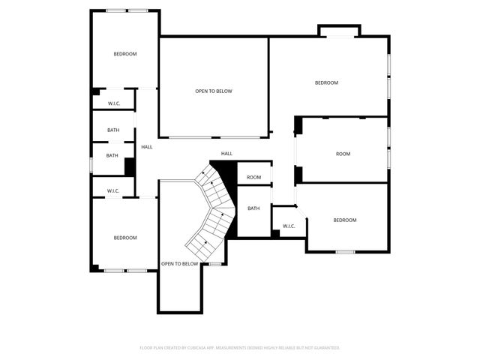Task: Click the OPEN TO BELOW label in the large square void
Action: click(x=214, y=91)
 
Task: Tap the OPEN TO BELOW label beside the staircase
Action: click(x=180, y=264)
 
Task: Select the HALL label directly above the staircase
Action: click(x=226, y=154)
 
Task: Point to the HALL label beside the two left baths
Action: click(x=147, y=147)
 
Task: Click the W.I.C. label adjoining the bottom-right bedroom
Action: click(x=289, y=226)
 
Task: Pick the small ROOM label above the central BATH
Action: click(x=254, y=178)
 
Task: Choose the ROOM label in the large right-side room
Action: click(x=343, y=154)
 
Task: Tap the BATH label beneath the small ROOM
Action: click(x=253, y=208)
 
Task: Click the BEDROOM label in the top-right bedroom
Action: click(x=326, y=82)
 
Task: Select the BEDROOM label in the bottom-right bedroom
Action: click(x=344, y=220)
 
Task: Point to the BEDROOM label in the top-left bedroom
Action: click(x=125, y=54)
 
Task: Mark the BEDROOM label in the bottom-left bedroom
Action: click(x=125, y=238)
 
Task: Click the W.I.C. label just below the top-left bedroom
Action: click(x=114, y=103)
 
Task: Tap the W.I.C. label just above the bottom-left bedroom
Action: click(x=113, y=191)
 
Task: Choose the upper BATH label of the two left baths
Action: click(x=113, y=130)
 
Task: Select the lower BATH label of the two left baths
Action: click(x=112, y=156)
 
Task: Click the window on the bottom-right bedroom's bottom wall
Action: click(x=345, y=252)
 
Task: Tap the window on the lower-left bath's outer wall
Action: click(x=91, y=163)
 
